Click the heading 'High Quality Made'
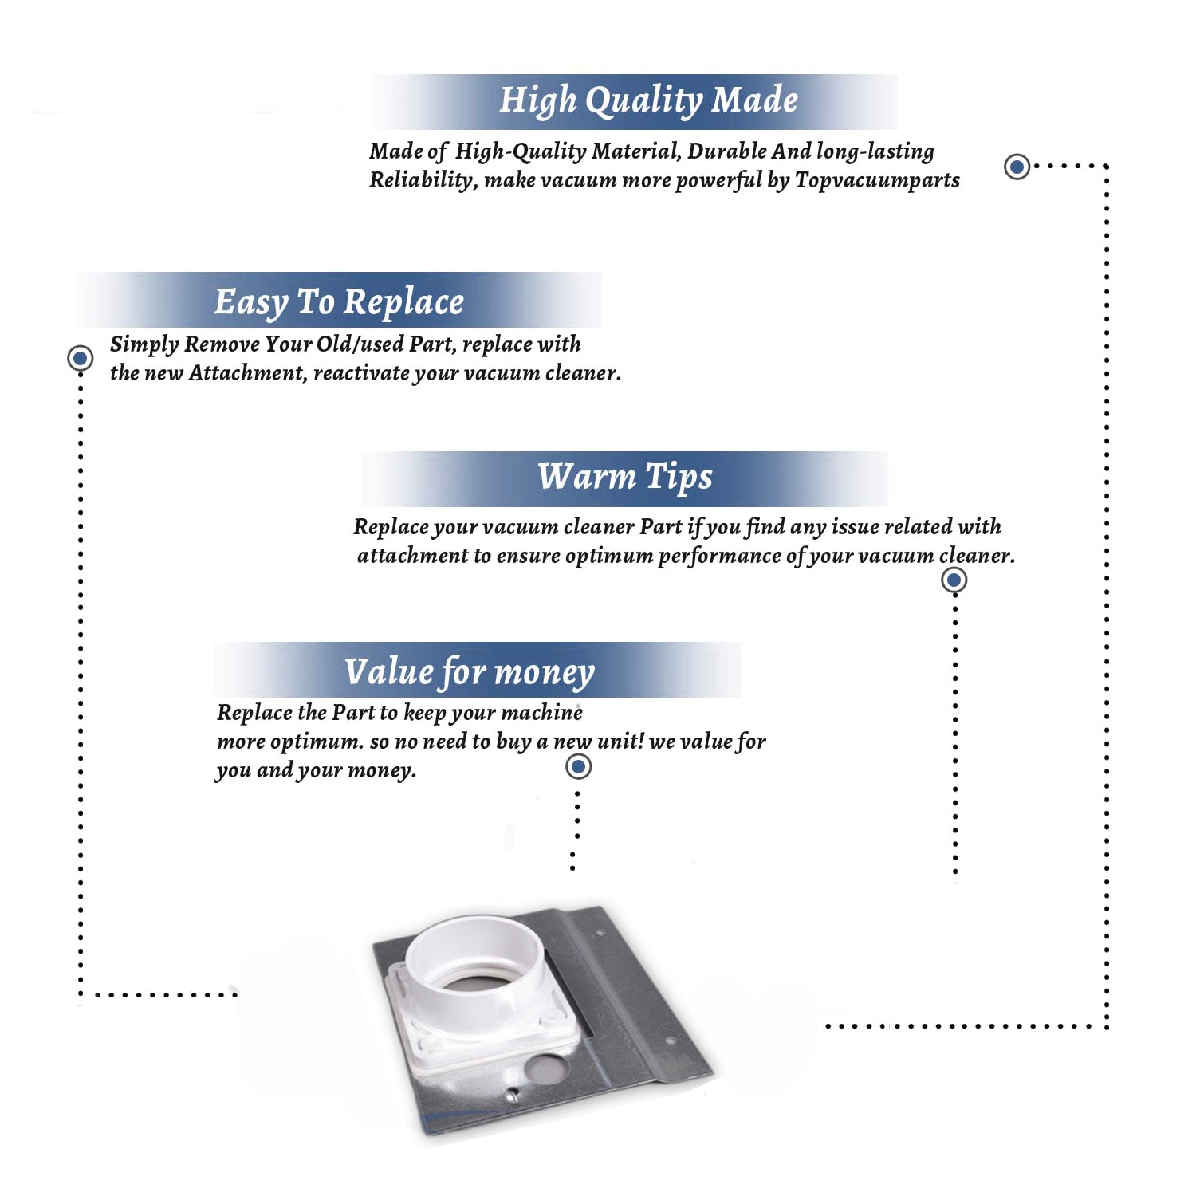648,101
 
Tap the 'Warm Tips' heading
624,478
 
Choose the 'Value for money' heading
469,672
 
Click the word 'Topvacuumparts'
877,181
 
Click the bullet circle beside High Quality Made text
1017,167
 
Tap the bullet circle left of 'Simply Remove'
80,358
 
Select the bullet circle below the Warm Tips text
954,580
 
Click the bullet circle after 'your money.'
578,767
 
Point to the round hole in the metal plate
545,1068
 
